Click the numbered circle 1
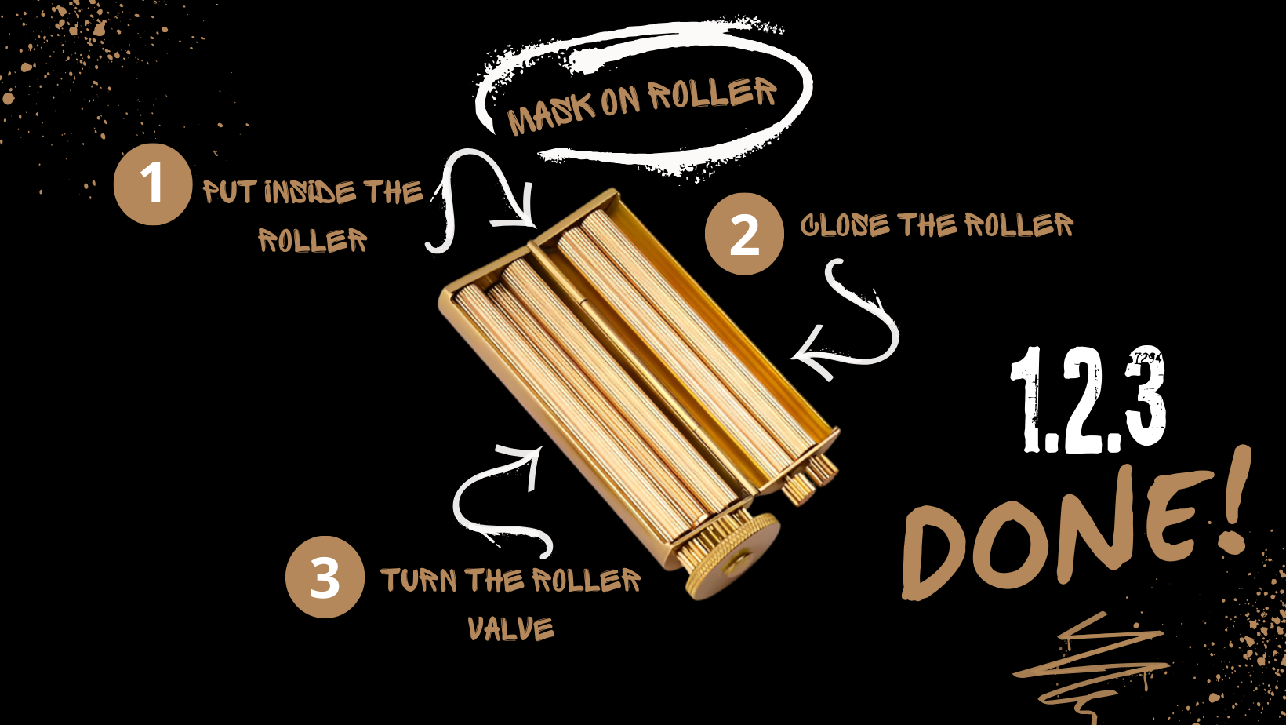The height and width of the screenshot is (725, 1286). point(153,184)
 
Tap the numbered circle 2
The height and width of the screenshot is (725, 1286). point(744,234)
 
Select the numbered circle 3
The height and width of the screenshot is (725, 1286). point(325,577)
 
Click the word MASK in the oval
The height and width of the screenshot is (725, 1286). point(550,112)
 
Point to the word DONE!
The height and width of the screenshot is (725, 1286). point(1077,531)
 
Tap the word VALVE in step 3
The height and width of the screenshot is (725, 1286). point(510,628)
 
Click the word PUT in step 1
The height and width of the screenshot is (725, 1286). point(228,192)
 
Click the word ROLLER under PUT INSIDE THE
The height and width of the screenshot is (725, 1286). point(312,239)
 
